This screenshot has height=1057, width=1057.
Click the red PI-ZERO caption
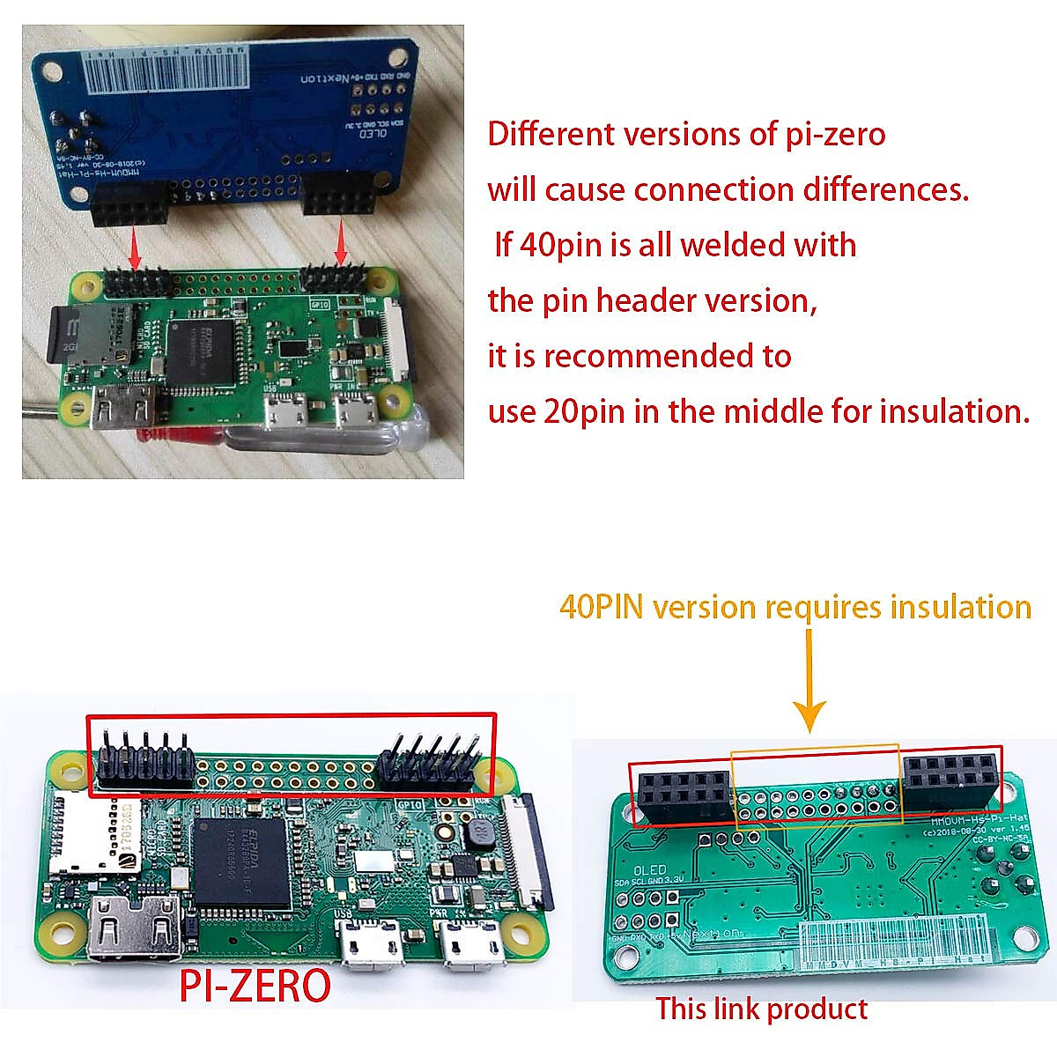(255, 986)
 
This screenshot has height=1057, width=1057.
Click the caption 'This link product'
(761, 1009)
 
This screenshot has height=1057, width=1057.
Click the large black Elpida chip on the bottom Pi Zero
(242, 863)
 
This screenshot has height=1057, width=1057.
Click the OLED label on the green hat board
(650, 869)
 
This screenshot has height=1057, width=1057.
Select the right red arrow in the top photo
(342, 246)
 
